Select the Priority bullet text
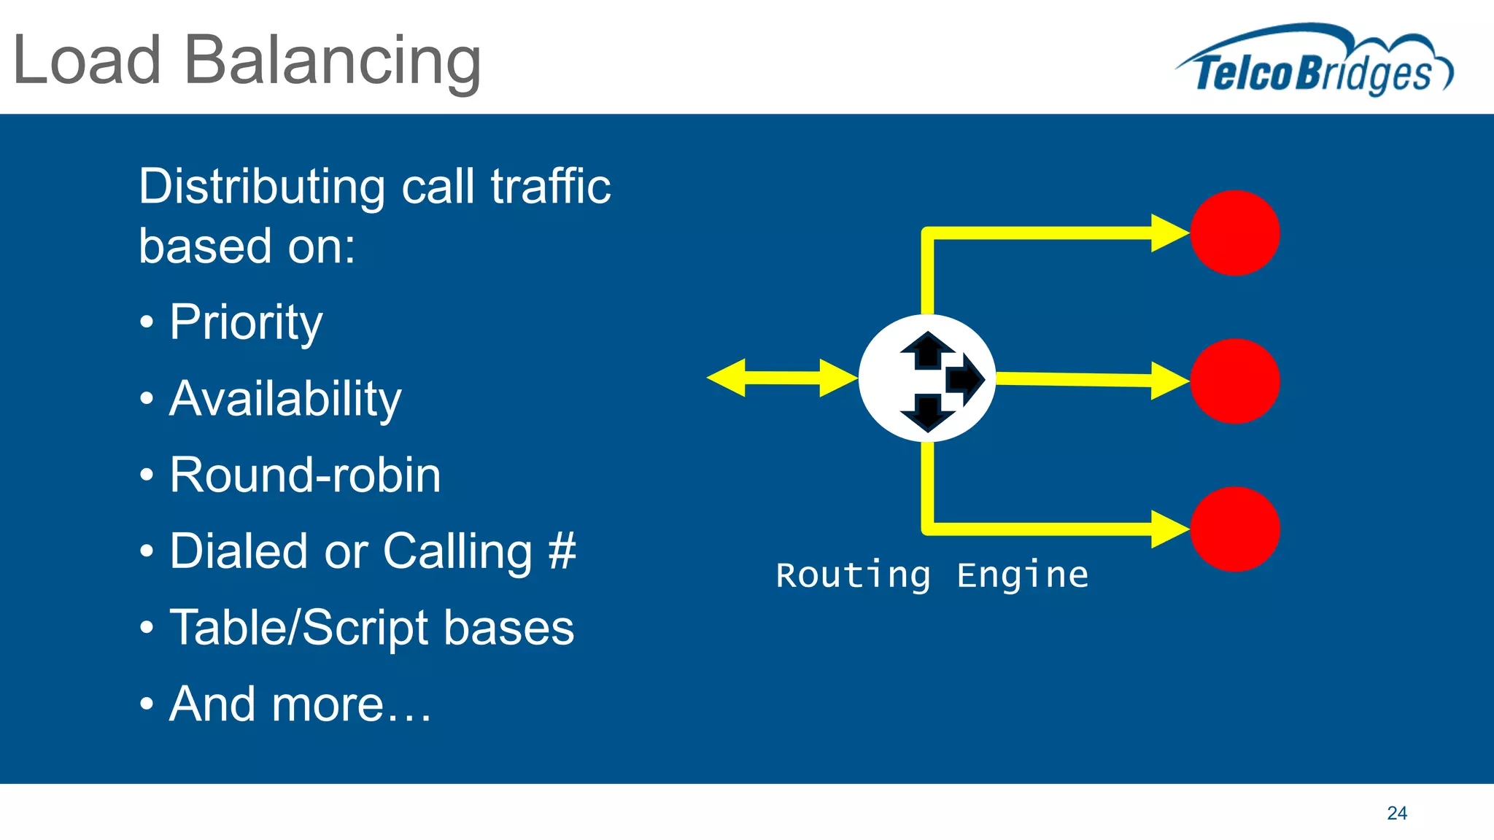pos(246,322)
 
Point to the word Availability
pos(285,399)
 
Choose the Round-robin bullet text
pos(305,475)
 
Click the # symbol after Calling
pos(562,551)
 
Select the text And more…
pos(300,704)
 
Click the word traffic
pos(551,187)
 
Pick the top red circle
pos(1234,233)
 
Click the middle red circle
pos(1234,381)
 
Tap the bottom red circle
pos(1234,529)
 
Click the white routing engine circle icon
pos(926,378)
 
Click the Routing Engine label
pos(932,575)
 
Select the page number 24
pos(1396,813)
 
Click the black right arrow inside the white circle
pos(964,378)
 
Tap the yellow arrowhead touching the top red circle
pos(1170,233)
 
